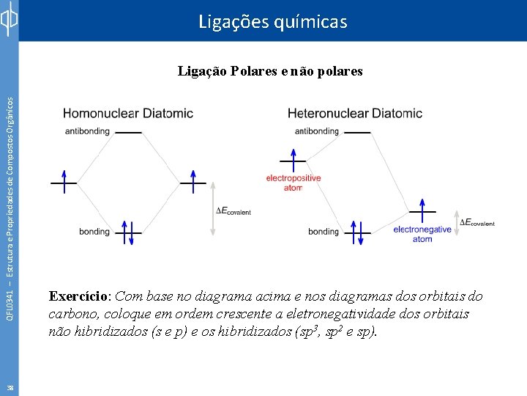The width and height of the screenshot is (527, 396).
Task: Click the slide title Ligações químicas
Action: [x=272, y=22]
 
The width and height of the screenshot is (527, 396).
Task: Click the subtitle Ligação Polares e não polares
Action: [x=270, y=71]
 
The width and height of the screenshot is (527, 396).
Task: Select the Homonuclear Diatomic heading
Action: [x=128, y=113]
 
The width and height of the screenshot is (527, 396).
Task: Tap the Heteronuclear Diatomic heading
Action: [x=355, y=113]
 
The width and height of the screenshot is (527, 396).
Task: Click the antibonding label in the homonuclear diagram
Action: [x=87, y=131]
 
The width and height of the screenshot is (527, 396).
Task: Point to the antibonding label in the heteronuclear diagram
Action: [x=316, y=131]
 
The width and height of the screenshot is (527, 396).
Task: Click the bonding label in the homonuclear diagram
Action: [x=94, y=232]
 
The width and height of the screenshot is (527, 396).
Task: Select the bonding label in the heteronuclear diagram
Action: [x=323, y=232]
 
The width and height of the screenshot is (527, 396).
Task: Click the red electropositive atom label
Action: [x=293, y=183]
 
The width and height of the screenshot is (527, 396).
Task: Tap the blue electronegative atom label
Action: [x=422, y=234]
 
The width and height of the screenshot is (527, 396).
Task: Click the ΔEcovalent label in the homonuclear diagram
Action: [x=233, y=211]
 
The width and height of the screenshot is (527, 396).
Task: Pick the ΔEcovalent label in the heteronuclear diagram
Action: [x=476, y=222]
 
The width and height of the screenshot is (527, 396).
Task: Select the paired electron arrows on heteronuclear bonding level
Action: [x=356, y=232]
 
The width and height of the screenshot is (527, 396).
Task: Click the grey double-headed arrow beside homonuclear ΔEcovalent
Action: [x=213, y=208]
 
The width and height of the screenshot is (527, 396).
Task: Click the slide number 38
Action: [x=9, y=388]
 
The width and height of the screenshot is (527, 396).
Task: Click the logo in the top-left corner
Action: [x=9, y=21]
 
